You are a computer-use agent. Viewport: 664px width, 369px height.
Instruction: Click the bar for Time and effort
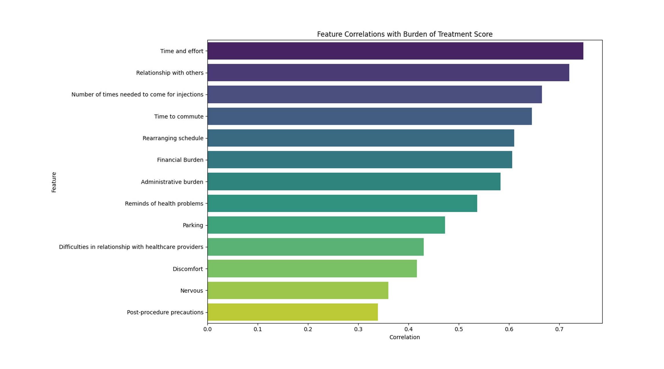(x=395, y=51)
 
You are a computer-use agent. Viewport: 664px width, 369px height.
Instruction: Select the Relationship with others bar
(x=388, y=73)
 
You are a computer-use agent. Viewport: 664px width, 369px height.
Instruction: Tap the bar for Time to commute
(x=369, y=116)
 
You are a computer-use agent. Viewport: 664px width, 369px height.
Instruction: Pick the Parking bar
(x=326, y=225)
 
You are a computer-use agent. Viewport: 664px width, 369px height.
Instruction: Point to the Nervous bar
(x=298, y=291)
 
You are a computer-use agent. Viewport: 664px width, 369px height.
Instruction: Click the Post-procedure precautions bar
(x=292, y=312)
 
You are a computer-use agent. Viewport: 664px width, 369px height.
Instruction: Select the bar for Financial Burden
(x=359, y=160)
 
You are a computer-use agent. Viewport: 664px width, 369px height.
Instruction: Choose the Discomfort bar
(x=312, y=269)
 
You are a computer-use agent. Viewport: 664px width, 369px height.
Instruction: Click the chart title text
(x=404, y=34)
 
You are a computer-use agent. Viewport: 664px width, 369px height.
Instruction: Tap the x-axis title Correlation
(x=404, y=337)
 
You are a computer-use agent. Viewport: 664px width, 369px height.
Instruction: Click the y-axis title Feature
(x=54, y=182)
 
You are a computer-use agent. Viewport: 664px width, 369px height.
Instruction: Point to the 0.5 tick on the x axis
(x=459, y=329)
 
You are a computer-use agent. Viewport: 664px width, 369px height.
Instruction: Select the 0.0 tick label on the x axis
(x=207, y=329)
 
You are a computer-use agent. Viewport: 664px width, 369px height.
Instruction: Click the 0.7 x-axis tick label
(x=559, y=329)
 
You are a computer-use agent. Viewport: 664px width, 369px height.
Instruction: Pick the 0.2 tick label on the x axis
(x=308, y=329)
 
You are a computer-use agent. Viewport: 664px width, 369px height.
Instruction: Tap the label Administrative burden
(x=172, y=182)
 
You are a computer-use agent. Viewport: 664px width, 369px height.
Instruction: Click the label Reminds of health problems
(x=164, y=204)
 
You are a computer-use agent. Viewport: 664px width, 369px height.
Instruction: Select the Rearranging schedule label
(x=173, y=138)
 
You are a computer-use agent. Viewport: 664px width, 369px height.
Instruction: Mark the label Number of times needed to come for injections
(x=137, y=95)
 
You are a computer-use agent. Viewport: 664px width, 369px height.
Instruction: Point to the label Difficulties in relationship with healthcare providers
(x=131, y=247)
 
